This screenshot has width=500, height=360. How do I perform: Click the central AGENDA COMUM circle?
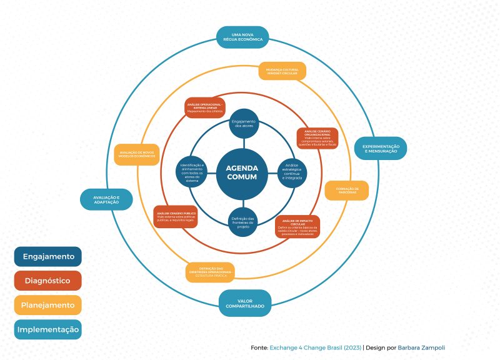(x=241, y=171)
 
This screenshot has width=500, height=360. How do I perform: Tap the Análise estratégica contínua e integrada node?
(x=292, y=169)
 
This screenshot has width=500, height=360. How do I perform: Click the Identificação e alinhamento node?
(x=192, y=170)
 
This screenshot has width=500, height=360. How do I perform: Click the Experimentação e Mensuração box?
(x=380, y=148)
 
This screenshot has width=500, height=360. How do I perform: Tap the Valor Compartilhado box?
(x=245, y=303)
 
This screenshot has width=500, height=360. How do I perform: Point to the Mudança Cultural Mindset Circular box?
(x=282, y=71)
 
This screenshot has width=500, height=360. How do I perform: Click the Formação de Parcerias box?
(x=346, y=190)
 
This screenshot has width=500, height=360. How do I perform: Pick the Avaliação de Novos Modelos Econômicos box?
(x=136, y=154)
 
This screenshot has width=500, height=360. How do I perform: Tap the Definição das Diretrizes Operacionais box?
(x=211, y=272)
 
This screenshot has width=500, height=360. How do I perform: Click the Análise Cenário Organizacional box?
(x=317, y=138)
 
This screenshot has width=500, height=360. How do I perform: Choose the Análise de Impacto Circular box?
(x=297, y=227)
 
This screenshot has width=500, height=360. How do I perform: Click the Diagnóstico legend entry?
(x=48, y=281)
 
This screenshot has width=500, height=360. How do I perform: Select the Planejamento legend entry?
(x=48, y=305)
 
